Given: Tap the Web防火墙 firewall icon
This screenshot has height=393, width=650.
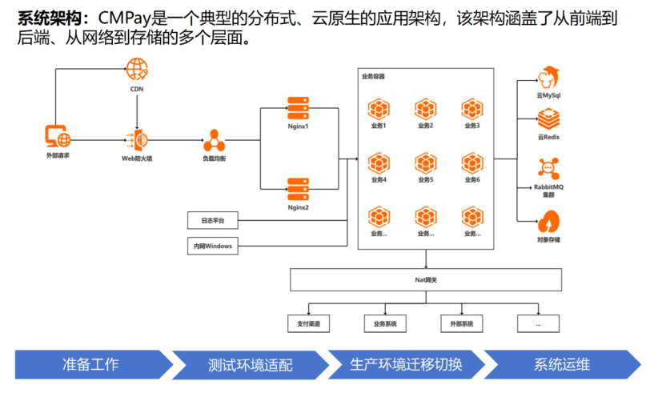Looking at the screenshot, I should (136, 140).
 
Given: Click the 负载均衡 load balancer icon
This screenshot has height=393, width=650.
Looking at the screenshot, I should (213, 140).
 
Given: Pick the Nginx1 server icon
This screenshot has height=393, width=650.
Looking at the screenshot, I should (298, 108).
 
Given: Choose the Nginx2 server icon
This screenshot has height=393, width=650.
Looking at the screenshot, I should (298, 190).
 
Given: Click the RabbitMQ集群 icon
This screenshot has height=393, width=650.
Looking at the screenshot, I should (548, 168).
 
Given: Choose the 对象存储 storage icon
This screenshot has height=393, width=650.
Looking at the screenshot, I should (548, 220).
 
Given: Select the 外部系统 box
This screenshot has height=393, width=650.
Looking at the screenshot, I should (462, 324).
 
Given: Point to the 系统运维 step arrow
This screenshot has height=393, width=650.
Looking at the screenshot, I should (560, 365).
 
